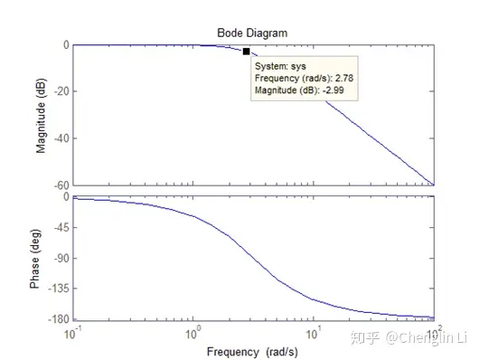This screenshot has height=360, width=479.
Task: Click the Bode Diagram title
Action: pyautogui.click(x=252, y=33)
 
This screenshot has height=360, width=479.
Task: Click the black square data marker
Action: pyautogui.click(x=247, y=52)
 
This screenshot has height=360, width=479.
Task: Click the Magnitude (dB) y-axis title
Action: pyautogui.click(x=42, y=114)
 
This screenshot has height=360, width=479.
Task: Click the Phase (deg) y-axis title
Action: pyautogui.click(x=35, y=257)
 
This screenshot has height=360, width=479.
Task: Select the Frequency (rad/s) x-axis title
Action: pyautogui.click(x=252, y=350)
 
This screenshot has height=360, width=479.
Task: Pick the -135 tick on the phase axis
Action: pyautogui.click(x=57, y=289)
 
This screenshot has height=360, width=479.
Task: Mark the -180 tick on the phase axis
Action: pyautogui.click(x=57, y=319)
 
